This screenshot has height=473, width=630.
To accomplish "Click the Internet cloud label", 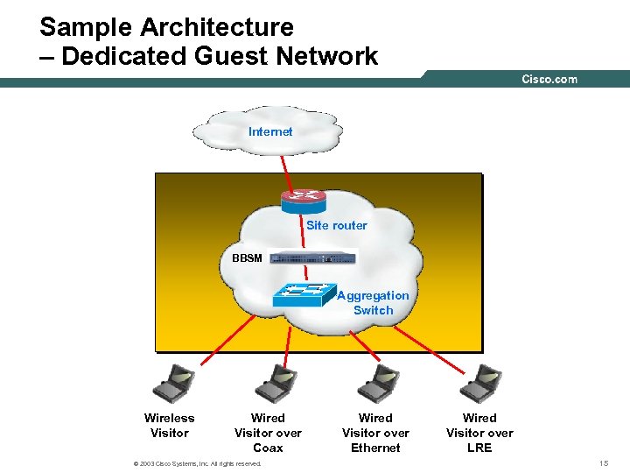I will [270, 131].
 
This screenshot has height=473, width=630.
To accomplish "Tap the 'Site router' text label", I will [336, 225].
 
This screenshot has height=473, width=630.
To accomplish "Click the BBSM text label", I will [247, 258].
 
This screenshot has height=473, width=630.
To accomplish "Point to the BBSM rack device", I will [313, 258].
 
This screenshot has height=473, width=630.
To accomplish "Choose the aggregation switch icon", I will [304, 295].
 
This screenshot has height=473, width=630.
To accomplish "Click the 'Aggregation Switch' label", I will [373, 303].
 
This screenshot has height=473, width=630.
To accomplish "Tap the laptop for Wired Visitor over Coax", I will [275, 381].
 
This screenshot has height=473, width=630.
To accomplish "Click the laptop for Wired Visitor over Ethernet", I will [378, 381].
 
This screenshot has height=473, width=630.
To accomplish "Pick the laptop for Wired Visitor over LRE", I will [480, 381].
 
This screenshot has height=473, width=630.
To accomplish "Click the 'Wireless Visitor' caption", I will [170, 426].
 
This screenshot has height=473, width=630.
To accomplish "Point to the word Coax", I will [268, 448].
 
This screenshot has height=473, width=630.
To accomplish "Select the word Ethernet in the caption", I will [375, 448].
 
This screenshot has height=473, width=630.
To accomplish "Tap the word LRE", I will [479, 448].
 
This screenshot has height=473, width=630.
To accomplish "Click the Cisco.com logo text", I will [549, 80].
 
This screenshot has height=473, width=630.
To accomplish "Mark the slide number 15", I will [604, 462].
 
